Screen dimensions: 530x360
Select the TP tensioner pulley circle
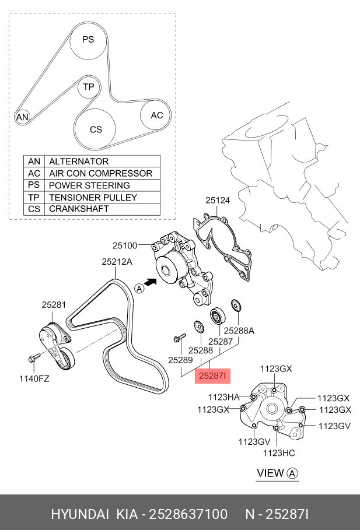(x=88, y=87)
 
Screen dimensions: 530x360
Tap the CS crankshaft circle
(x=96, y=129)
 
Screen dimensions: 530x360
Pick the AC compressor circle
(x=156, y=115)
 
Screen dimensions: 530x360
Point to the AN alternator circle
(x=22, y=117)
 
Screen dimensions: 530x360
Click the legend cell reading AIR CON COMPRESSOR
(x=100, y=173)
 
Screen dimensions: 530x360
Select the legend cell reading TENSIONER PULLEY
(x=93, y=197)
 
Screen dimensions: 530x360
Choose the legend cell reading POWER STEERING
(x=89, y=185)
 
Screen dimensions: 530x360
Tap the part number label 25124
(x=217, y=200)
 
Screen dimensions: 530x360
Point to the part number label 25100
(x=124, y=245)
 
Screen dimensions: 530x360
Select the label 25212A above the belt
(x=117, y=262)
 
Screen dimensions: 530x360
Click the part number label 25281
(x=53, y=304)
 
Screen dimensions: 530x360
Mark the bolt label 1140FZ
(x=34, y=378)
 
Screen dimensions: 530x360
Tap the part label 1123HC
(x=279, y=452)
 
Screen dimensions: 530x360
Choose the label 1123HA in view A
(x=224, y=397)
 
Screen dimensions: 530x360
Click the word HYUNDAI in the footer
(x=80, y=514)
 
